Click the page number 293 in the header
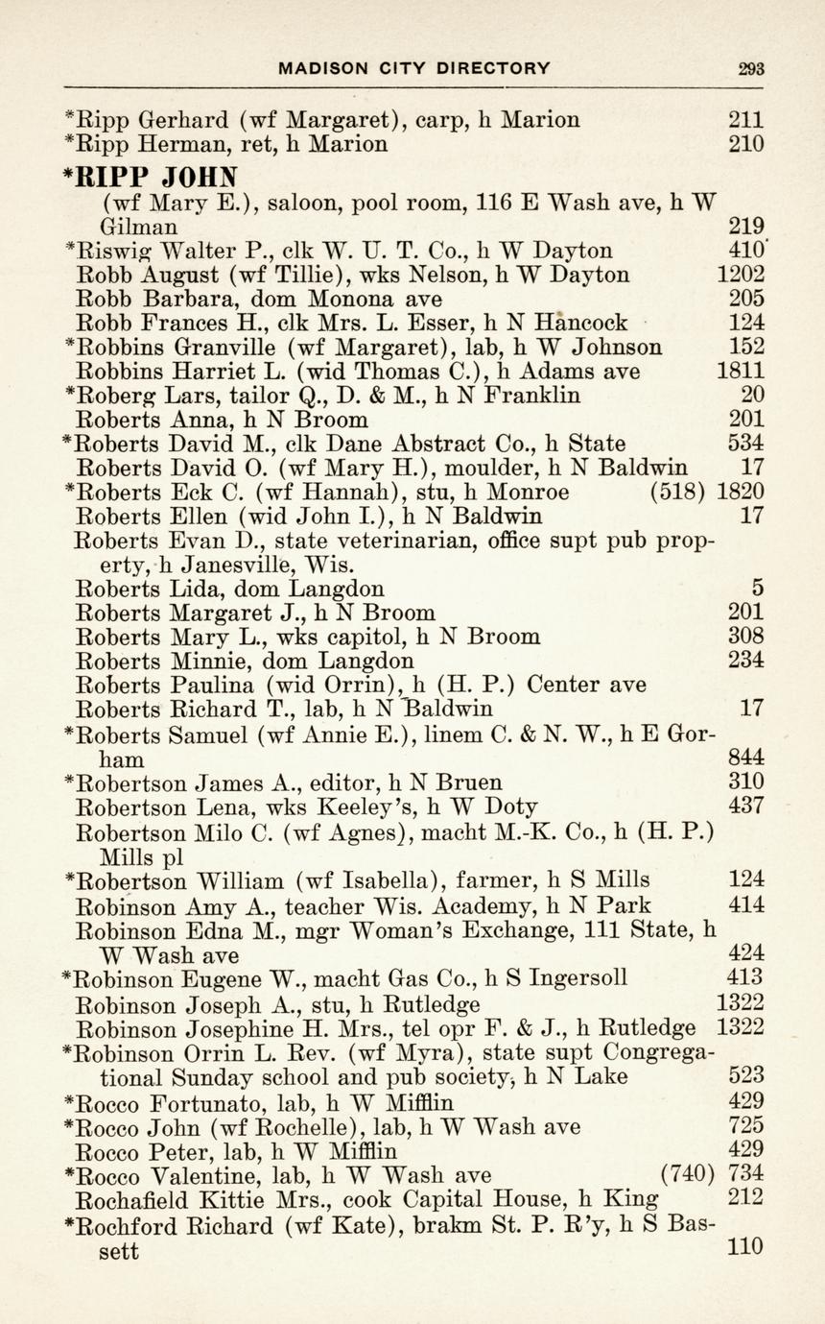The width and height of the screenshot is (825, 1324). pos(751,68)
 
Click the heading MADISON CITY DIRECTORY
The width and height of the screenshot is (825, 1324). pos(414,68)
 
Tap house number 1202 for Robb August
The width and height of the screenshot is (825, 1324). pos(741,276)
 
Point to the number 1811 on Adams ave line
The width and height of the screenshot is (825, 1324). pos(741,372)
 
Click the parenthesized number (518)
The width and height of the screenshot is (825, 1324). pos(678,493)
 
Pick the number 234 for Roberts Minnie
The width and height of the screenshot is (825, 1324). pos(746,661)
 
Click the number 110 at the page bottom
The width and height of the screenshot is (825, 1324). pos(746,1247)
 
